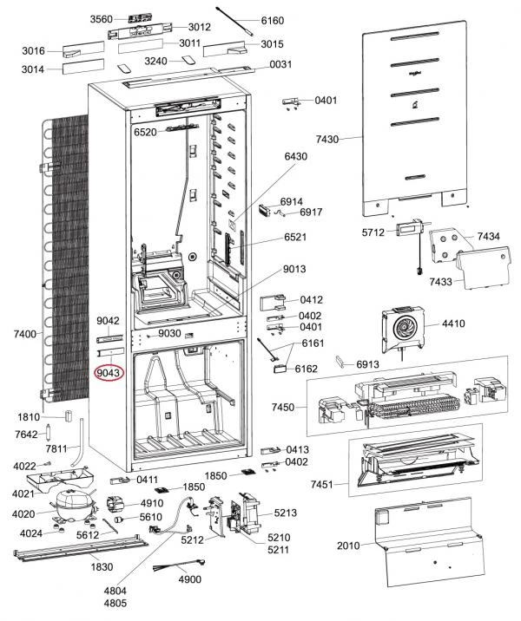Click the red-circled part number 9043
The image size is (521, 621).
109,373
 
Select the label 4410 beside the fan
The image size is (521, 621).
453,324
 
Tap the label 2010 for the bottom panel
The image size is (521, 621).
348,546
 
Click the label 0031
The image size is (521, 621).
280,64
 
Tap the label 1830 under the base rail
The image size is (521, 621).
102,566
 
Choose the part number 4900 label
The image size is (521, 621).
188,579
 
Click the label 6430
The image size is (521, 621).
296,156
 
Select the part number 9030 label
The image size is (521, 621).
168,333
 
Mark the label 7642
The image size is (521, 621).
27,434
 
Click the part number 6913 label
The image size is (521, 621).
368,364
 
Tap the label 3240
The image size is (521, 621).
156,61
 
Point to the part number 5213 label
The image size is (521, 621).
286,513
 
